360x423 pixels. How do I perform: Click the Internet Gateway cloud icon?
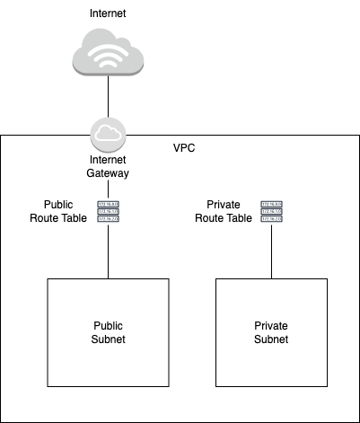coord(108,135)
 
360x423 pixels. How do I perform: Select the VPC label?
coord(183,147)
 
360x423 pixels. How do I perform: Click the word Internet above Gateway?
coord(108,160)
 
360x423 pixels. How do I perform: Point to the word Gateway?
coord(108,172)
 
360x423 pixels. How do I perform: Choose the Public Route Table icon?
coord(108,211)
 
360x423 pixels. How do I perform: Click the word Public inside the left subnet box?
coord(108,326)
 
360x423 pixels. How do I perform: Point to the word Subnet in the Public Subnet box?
coord(108,339)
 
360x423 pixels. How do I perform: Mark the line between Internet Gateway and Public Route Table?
coord(108,190)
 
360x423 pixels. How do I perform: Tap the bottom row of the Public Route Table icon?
coord(108,218)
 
